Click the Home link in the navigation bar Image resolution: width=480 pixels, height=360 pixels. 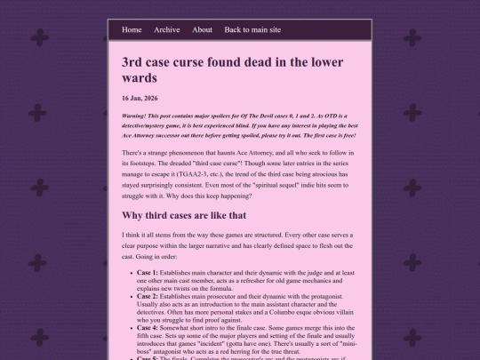[x=132, y=29]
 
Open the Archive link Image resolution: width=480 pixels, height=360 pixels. [x=167, y=29]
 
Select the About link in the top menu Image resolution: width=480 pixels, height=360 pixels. [x=202, y=29]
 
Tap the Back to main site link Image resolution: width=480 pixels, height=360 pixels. [x=252, y=29]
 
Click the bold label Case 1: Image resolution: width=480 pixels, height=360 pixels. [x=147, y=271]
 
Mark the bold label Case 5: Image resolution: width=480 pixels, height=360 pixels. [x=147, y=358]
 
